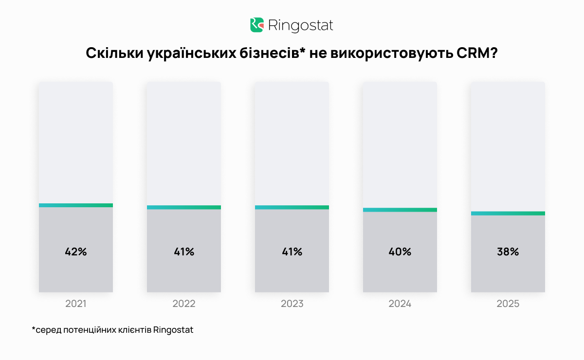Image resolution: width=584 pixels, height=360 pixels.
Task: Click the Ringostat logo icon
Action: pyautogui.click(x=257, y=25)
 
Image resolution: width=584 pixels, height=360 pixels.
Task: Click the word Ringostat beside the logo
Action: pyautogui.click(x=301, y=25)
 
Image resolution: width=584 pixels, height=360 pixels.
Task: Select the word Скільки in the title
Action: pyautogui.click(x=114, y=54)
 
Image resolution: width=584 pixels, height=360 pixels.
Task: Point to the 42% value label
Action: pyautogui.click(x=76, y=252)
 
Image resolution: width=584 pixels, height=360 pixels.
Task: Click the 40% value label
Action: pyautogui.click(x=400, y=252)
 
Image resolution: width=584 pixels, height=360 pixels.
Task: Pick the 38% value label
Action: pyautogui.click(x=508, y=252)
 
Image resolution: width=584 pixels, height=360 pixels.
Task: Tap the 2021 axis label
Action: pyautogui.click(x=76, y=304)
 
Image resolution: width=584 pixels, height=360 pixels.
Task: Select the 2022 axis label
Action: pyautogui.click(x=184, y=304)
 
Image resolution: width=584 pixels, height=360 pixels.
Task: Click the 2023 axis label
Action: pyautogui.click(x=292, y=304)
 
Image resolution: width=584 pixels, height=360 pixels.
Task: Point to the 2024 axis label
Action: pyautogui.click(x=400, y=304)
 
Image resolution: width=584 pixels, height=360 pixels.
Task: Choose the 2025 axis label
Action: pyautogui.click(x=508, y=304)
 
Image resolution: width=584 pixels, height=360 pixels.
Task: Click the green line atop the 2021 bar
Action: pyautogui.click(x=76, y=205)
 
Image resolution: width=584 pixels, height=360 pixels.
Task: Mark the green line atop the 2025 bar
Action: pyautogui.click(x=508, y=213)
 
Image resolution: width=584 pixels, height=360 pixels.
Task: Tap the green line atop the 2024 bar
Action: pyautogui.click(x=400, y=210)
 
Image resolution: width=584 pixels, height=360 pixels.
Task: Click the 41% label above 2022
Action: pyautogui.click(x=184, y=252)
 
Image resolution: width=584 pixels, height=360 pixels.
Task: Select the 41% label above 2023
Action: pyautogui.click(x=292, y=252)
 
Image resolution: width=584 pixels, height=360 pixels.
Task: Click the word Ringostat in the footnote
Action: pyautogui.click(x=173, y=330)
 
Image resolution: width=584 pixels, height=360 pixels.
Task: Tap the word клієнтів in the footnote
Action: pyautogui.click(x=134, y=330)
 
